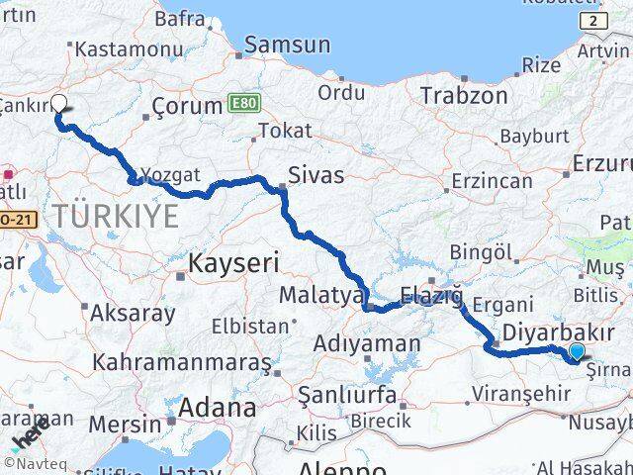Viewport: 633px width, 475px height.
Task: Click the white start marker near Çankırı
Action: point(58,103)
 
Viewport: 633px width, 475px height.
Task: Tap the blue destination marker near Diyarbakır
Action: point(578,351)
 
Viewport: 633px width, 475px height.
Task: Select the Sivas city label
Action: point(316,176)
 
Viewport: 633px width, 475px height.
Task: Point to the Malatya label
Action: point(315,295)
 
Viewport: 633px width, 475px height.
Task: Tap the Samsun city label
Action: point(287,45)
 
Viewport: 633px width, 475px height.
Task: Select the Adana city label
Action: point(217,407)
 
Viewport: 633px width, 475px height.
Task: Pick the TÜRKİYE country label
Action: point(117,216)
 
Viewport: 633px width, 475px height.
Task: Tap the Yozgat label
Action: point(165,174)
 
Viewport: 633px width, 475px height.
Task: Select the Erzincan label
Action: point(491,181)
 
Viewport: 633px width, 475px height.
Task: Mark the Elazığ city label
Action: point(431,295)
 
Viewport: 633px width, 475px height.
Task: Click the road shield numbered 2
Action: point(592,21)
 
